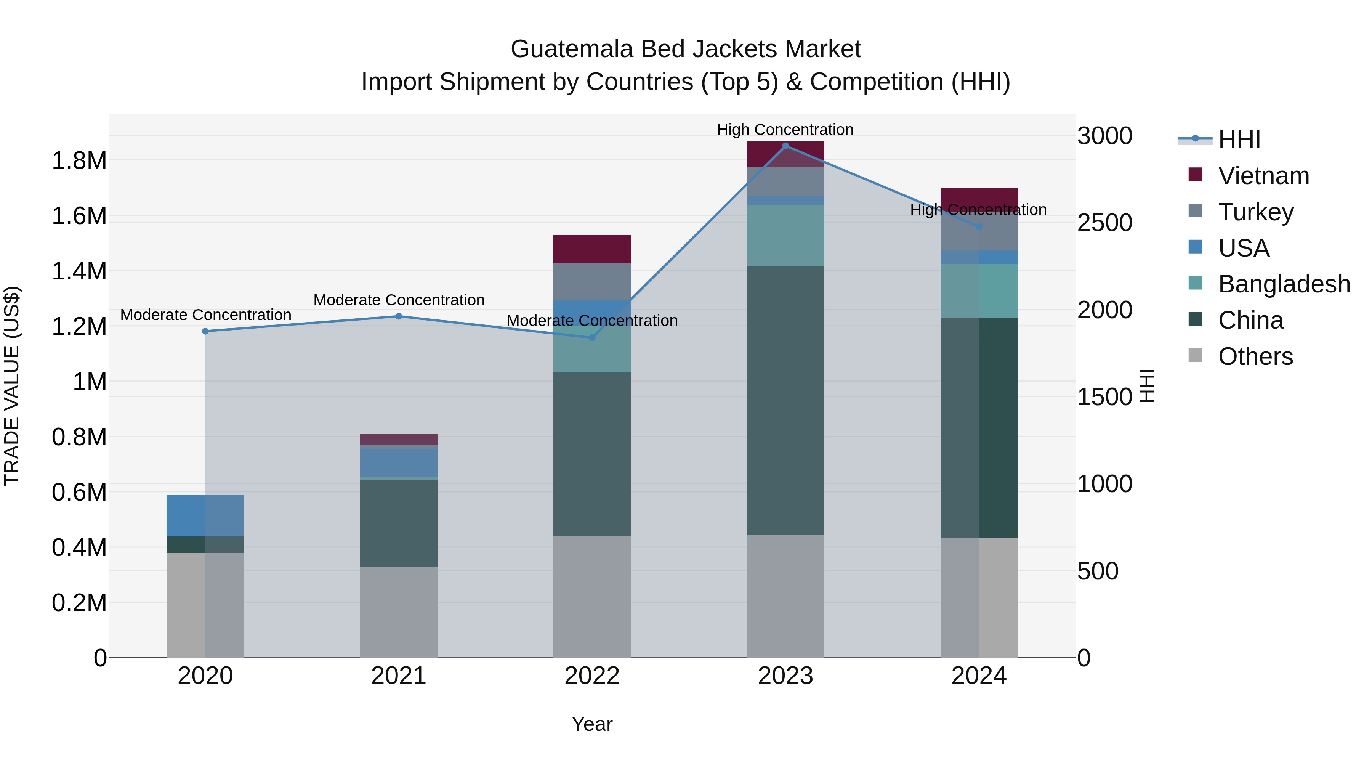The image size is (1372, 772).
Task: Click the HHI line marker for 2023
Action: click(x=785, y=146)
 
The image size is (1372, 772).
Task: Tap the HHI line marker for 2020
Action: click(x=205, y=331)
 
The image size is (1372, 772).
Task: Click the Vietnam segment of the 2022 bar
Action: click(x=592, y=249)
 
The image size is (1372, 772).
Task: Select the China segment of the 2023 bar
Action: click(x=785, y=401)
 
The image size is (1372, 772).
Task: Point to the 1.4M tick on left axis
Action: click(x=79, y=271)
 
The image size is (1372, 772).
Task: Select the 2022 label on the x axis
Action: click(x=592, y=676)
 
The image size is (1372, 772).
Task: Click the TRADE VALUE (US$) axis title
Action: click(x=12, y=386)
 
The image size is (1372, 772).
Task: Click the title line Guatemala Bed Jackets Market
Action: click(x=686, y=49)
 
